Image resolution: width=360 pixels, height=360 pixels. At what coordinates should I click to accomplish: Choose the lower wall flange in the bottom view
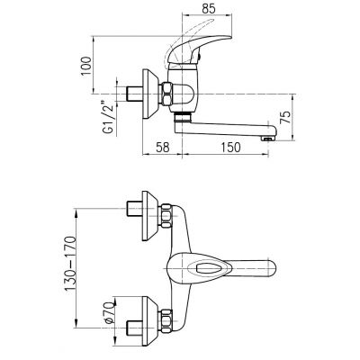click(x=147, y=319)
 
